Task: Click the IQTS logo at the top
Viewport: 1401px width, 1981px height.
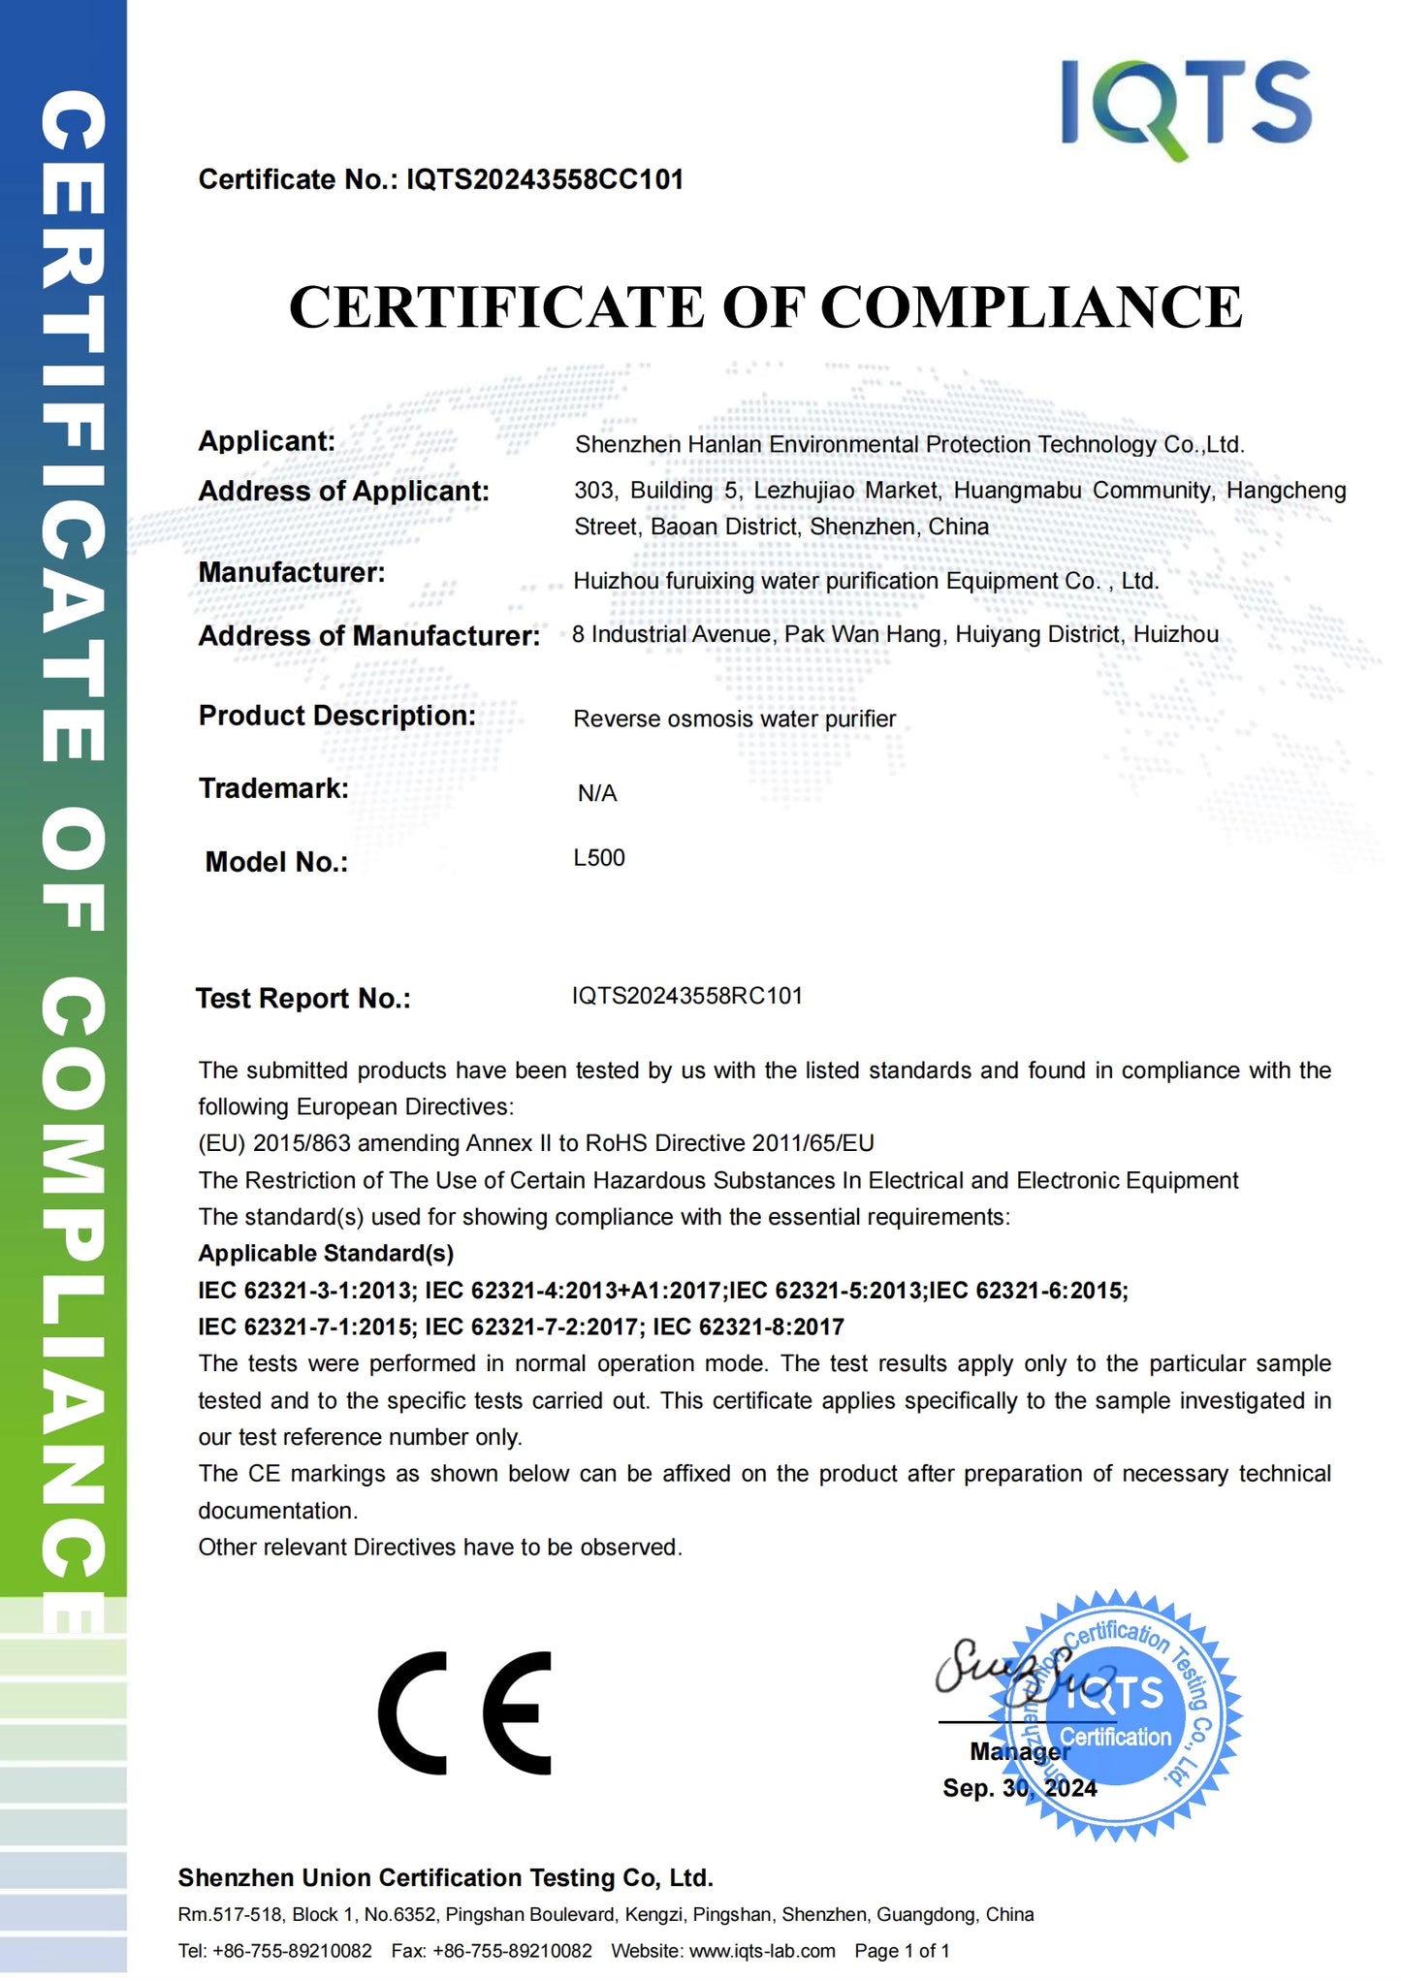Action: tap(1185, 107)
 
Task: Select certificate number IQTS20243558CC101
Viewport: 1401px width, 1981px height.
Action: tap(545, 179)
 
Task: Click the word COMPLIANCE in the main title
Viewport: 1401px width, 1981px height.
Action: tap(1032, 308)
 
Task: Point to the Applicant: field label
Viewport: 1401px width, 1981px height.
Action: tap(267, 441)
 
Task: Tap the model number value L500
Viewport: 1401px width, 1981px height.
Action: tap(599, 858)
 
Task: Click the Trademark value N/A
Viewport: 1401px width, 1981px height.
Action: tap(597, 793)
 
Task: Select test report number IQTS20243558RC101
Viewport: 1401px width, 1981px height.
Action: tap(687, 996)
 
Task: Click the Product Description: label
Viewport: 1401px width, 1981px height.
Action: tap(337, 716)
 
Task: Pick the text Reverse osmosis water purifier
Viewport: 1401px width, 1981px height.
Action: tap(734, 719)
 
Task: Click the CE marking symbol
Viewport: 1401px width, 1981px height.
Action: tap(465, 1713)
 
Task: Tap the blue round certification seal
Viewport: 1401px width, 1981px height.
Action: tap(1125, 1716)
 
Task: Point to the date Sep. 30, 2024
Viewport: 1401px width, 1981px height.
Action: tap(1019, 1788)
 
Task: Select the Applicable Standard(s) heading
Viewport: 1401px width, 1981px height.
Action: tap(326, 1253)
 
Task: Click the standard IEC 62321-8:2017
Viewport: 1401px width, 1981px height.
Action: tap(748, 1326)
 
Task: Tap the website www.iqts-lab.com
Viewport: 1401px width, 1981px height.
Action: tap(762, 1950)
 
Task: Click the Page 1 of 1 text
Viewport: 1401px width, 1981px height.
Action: tap(902, 1950)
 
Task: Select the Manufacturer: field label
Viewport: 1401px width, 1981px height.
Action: tap(292, 573)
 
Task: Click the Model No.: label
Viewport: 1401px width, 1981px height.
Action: tap(276, 862)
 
